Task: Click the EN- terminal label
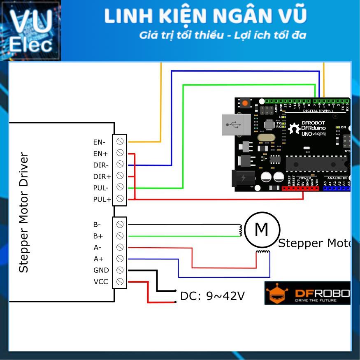click(x=99, y=142)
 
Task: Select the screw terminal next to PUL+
click(x=120, y=199)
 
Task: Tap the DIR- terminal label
click(x=101, y=165)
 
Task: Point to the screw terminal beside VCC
click(x=120, y=282)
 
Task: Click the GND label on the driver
click(x=101, y=270)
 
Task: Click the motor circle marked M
click(x=262, y=229)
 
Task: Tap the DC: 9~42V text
click(x=212, y=295)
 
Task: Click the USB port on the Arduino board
click(x=236, y=125)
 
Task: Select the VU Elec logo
click(x=30, y=30)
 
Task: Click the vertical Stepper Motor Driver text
click(x=24, y=213)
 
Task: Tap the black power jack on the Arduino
click(x=243, y=179)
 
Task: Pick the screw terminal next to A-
click(x=120, y=247)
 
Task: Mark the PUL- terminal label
click(x=101, y=188)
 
